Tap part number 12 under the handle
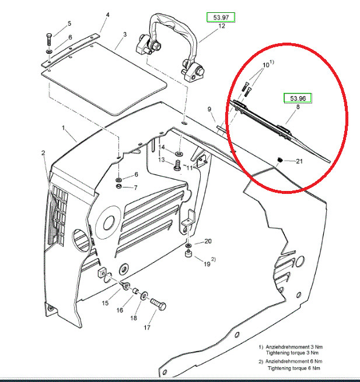coord(222,26)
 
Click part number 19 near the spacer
coord(207,263)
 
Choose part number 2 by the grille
coord(43,153)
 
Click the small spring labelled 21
coord(279,159)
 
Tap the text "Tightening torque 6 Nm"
coord(295,369)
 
